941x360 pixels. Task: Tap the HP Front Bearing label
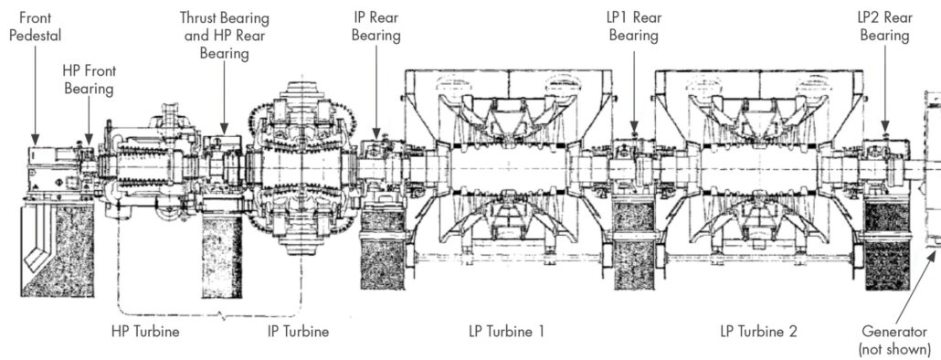[89, 79]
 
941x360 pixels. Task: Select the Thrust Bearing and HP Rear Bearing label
[225, 35]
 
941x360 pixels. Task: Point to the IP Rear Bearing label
[376, 27]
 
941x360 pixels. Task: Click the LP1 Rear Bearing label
[634, 27]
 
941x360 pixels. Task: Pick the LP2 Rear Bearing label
[884, 27]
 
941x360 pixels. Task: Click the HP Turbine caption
[145, 331]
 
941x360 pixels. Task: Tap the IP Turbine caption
[298, 331]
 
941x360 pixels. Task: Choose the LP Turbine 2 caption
[758, 331]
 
